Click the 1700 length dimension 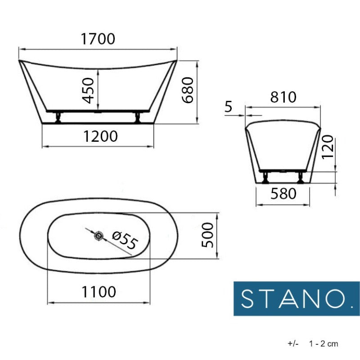click(x=98, y=39)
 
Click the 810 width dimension click(x=283, y=97)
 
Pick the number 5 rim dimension click(x=228, y=107)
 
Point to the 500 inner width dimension click(x=208, y=235)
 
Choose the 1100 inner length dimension click(x=99, y=292)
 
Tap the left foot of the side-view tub click(x=58, y=118)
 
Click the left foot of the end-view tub click(x=265, y=178)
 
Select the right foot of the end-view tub click(x=300, y=178)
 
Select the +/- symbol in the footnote click(x=293, y=344)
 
